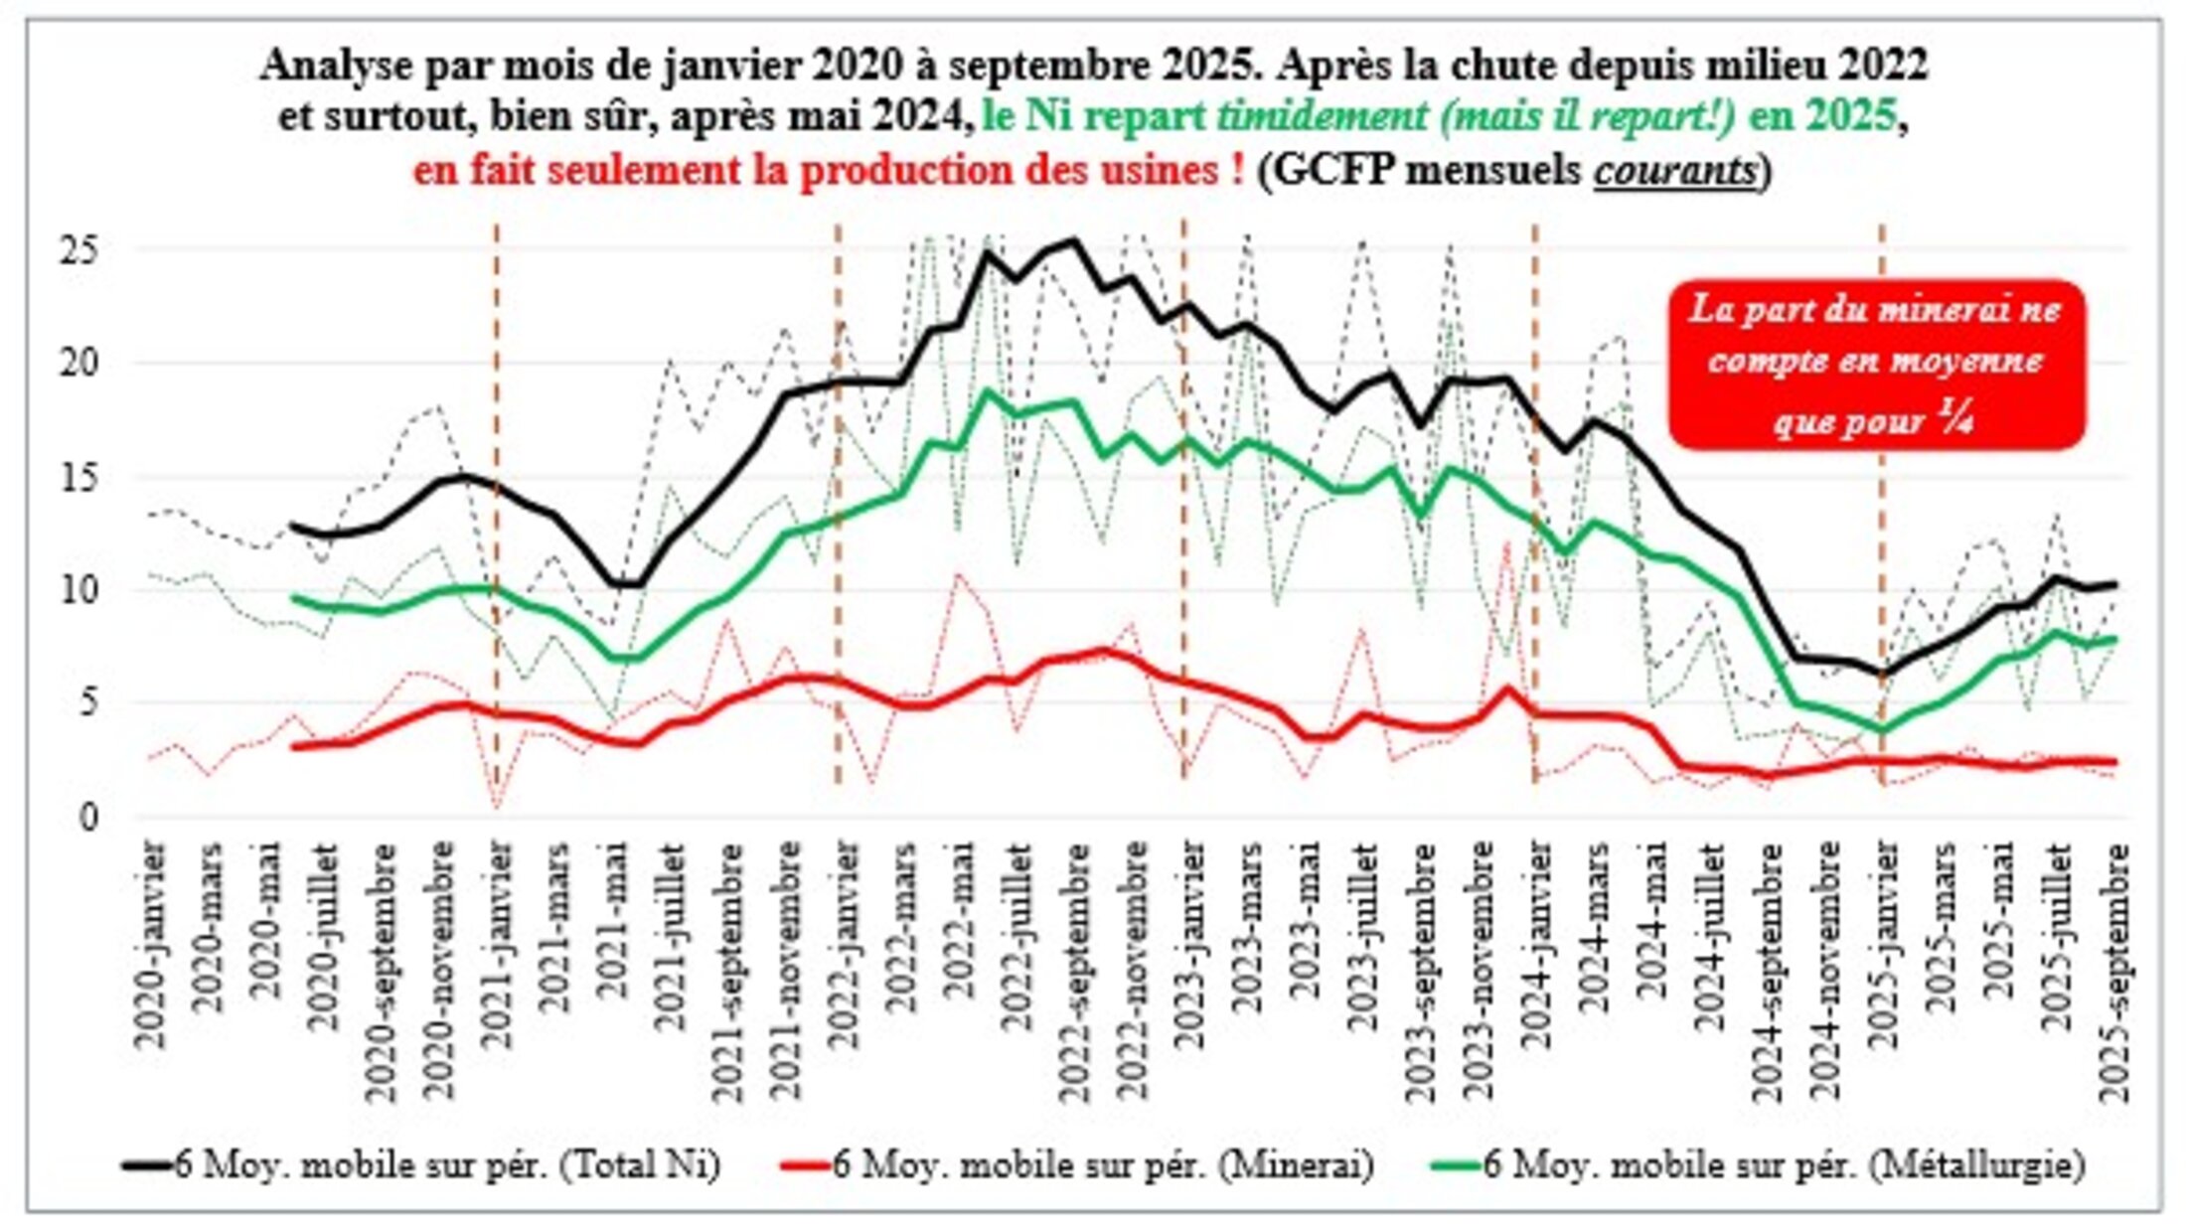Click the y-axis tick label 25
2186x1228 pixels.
coord(79,249)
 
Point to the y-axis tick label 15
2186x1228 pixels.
coord(79,477)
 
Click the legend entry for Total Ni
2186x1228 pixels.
coord(422,1164)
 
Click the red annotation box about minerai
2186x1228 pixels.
coord(1876,365)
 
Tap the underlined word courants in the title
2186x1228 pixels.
coord(1676,170)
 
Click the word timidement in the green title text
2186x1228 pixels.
coord(1322,117)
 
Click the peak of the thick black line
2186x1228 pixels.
coord(1073,239)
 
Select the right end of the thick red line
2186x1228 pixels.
coord(2113,762)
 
